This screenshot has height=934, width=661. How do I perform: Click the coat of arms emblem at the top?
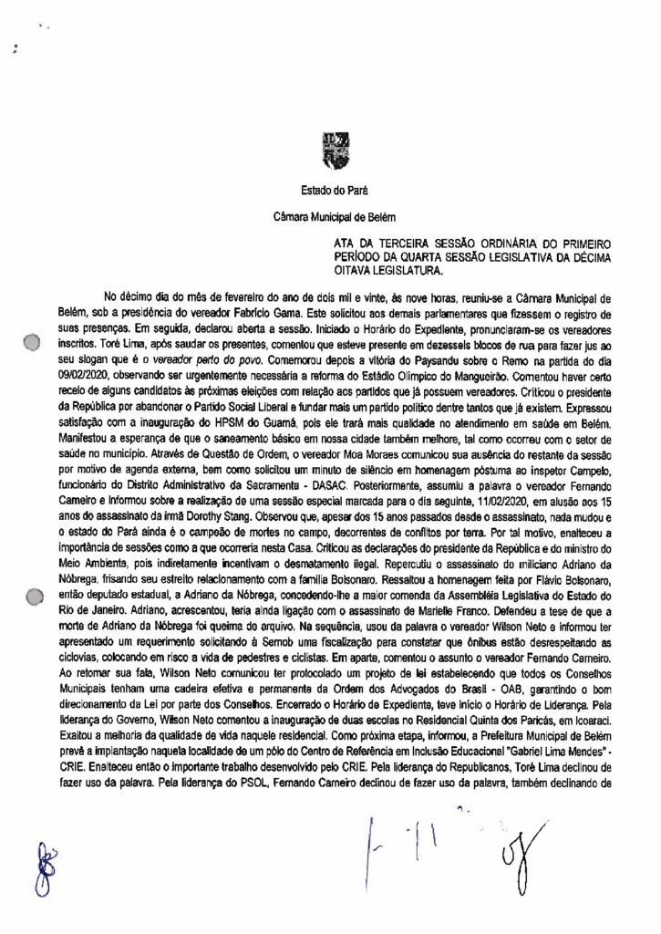[x=330, y=148]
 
